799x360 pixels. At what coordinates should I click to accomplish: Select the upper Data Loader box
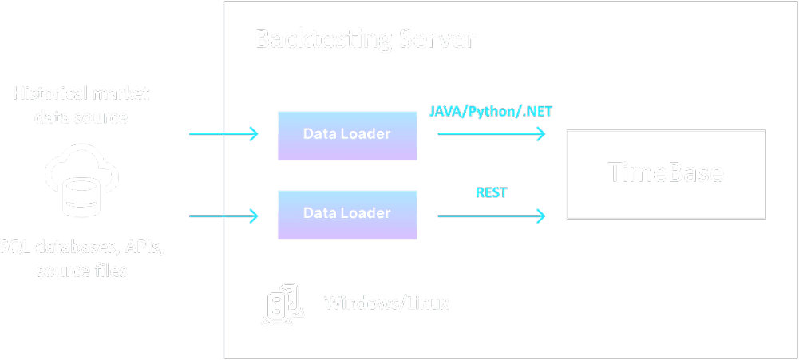pyautogui.click(x=347, y=134)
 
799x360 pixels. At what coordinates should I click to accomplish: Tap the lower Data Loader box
pyautogui.click(x=347, y=214)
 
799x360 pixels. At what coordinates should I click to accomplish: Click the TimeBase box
pyautogui.click(x=666, y=174)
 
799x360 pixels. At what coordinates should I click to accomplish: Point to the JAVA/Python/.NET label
pyautogui.click(x=491, y=113)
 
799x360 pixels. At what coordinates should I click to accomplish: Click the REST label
pyautogui.click(x=492, y=192)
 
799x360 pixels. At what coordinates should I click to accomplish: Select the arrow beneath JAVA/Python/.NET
pyautogui.click(x=491, y=134)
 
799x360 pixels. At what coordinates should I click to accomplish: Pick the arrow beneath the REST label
pyautogui.click(x=491, y=215)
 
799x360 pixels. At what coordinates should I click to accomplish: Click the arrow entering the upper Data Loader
pyautogui.click(x=223, y=134)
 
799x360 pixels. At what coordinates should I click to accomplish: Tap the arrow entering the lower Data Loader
pyautogui.click(x=223, y=215)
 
